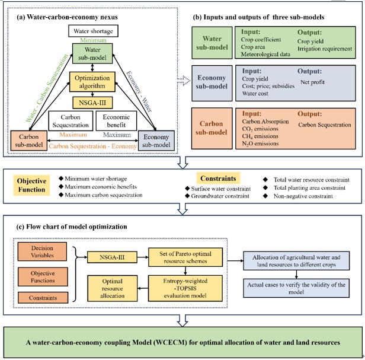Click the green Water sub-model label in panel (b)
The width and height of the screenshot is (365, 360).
pyautogui.click(x=212, y=43)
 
